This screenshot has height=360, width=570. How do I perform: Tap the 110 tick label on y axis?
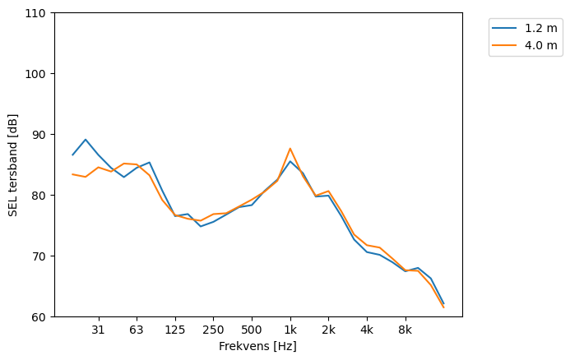(x=39, y=13)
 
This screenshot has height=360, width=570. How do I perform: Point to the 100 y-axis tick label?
(x=39, y=74)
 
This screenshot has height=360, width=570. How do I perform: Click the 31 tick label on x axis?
(x=98, y=330)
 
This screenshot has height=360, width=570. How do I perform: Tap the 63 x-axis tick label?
(x=137, y=330)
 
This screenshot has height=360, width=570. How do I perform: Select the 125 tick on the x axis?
(x=174, y=330)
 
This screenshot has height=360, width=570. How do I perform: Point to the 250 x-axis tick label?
(x=213, y=330)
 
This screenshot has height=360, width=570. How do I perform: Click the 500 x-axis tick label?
(x=252, y=330)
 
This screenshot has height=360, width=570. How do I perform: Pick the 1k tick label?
(x=290, y=330)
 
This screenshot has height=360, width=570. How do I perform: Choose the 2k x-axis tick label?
(x=328, y=330)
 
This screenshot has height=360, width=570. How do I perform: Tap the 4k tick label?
(x=367, y=330)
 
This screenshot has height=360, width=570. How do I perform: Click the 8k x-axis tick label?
(x=405, y=330)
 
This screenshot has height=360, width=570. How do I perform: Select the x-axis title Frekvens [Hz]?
(x=257, y=347)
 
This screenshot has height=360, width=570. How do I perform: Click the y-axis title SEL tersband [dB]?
(x=12, y=164)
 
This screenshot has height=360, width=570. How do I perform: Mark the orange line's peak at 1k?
(x=290, y=149)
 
